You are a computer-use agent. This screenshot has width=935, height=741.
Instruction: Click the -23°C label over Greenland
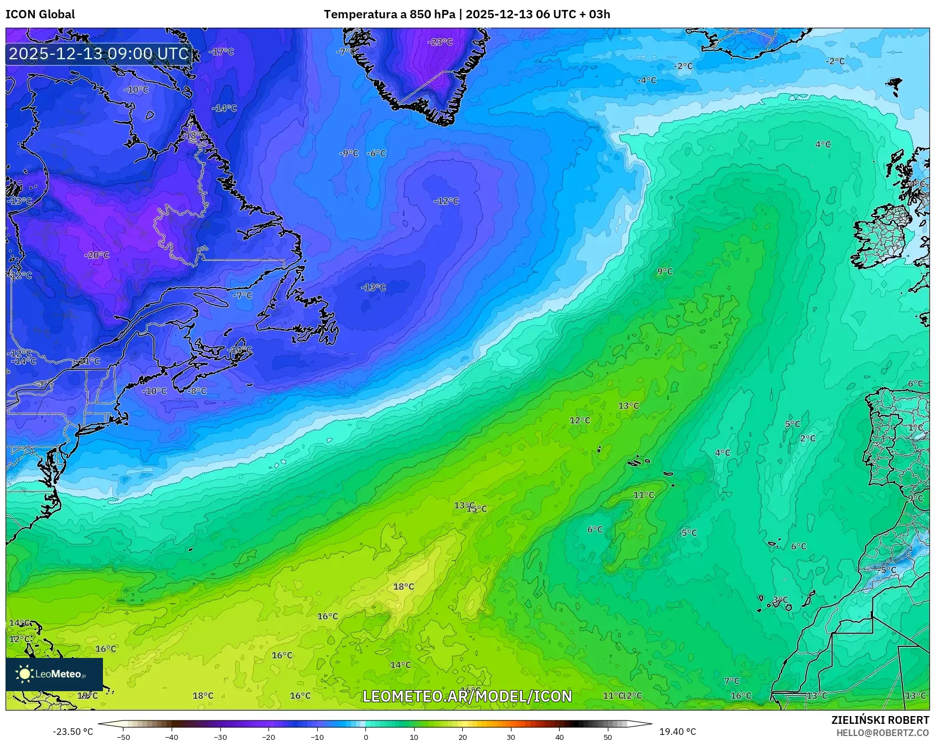441,42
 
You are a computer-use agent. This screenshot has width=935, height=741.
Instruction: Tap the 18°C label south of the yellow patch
404,586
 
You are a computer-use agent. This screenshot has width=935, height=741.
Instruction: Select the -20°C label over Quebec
97,255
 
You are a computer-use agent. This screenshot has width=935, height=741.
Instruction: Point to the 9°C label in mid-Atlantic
665,271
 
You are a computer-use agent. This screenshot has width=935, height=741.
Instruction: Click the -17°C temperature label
222,52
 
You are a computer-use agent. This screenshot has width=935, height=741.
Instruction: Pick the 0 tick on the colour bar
365,737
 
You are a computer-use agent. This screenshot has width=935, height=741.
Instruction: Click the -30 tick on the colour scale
220,737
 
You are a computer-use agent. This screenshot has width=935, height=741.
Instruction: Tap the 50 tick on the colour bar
608,737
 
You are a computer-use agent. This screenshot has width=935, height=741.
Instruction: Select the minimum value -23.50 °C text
73,732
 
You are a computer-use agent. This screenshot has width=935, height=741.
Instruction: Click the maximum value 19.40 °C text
677,732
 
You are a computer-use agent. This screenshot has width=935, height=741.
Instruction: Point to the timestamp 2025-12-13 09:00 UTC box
99,54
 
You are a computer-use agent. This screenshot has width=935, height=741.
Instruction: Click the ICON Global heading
40,14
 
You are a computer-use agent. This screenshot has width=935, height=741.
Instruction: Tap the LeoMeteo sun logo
24,674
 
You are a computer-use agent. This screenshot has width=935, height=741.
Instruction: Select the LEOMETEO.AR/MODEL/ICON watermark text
467,696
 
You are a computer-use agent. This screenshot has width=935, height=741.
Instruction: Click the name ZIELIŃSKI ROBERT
880,720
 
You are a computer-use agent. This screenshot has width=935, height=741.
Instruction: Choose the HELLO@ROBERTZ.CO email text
882,733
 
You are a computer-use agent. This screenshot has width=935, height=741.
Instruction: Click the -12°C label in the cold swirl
446,201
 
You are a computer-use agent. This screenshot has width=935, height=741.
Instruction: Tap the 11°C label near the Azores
643,495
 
